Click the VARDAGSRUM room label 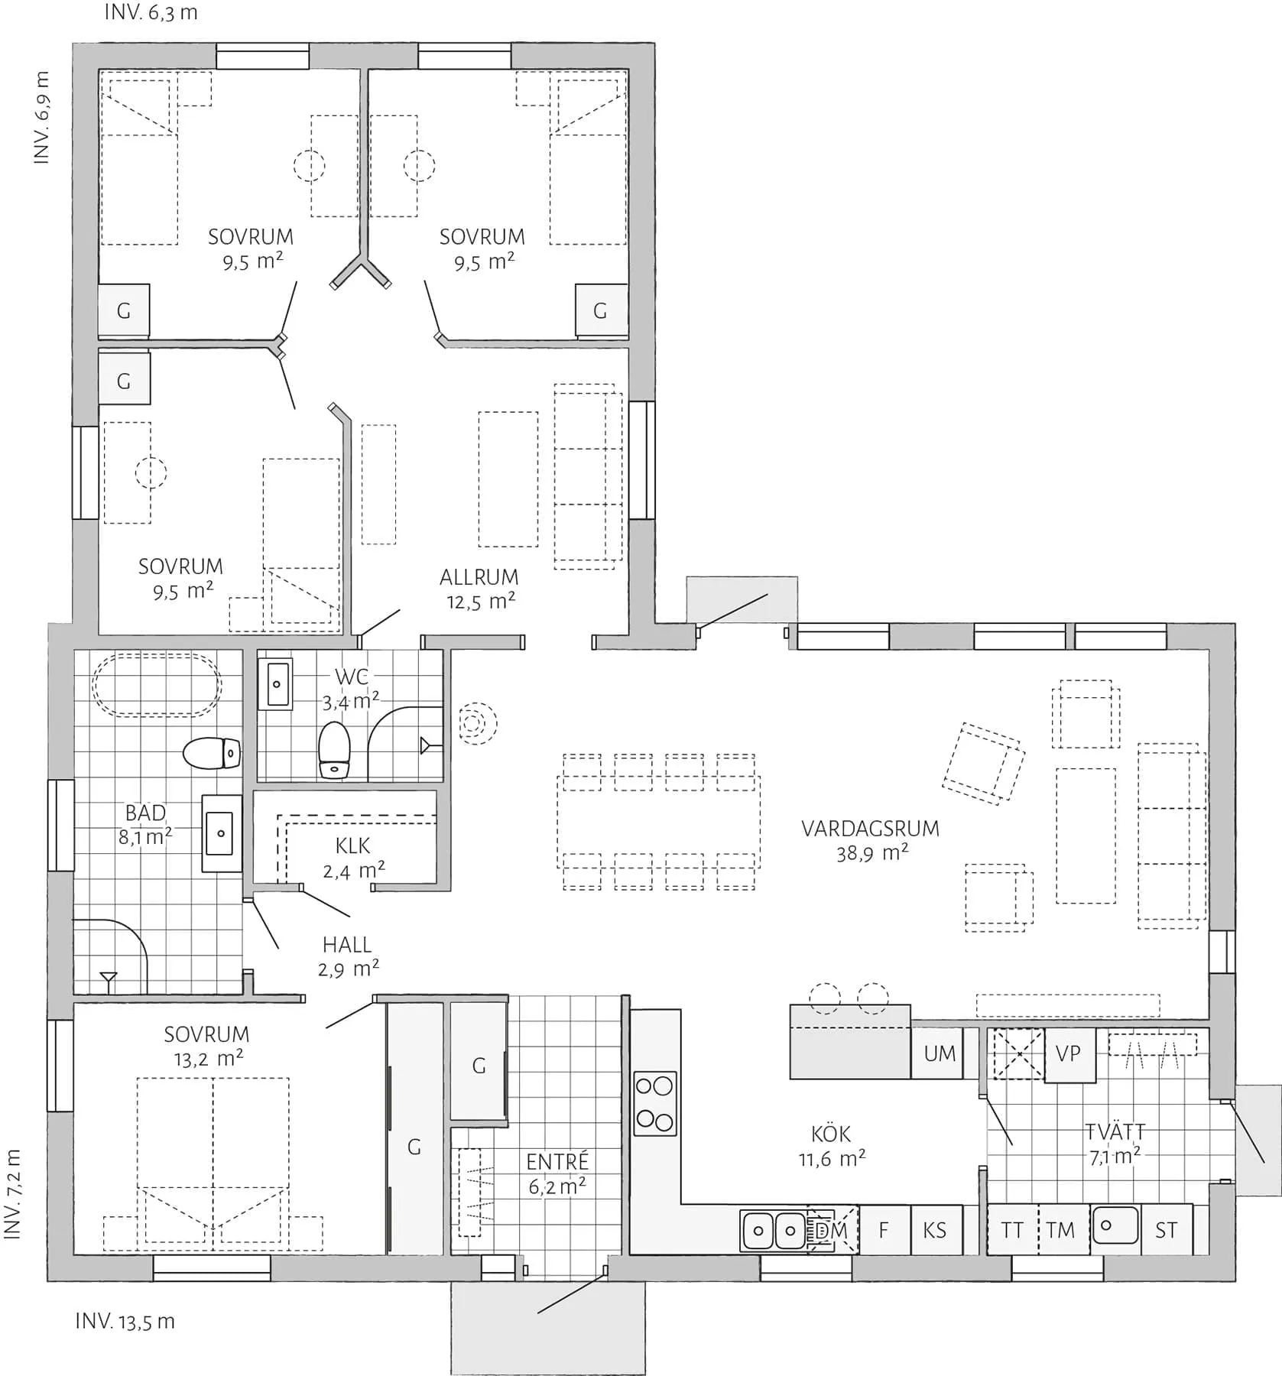pyautogui.click(x=870, y=839)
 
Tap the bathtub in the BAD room pyautogui.click(x=157, y=684)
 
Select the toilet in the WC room pyautogui.click(x=334, y=751)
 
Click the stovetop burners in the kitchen pyautogui.click(x=655, y=1103)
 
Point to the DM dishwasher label pyautogui.click(x=832, y=1231)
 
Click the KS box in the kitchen pyautogui.click(x=935, y=1231)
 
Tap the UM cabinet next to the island pyautogui.click(x=940, y=1053)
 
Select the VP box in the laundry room pyautogui.click(x=1068, y=1054)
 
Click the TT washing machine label pyautogui.click(x=1012, y=1231)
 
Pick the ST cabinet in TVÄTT pyautogui.click(x=1166, y=1231)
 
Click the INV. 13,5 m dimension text pyautogui.click(x=125, y=1321)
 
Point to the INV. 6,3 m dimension pyautogui.click(x=151, y=13)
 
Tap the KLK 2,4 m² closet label pyautogui.click(x=353, y=857)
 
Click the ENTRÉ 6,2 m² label pyautogui.click(x=557, y=1173)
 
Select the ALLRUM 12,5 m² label pyautogui.click(x=479, y=589)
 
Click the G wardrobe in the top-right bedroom pyautogui.click(x=600, y=310)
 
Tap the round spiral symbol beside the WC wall pyautogui.click(x=478, y=723)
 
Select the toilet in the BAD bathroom pyautogui.click(x=212, y=753)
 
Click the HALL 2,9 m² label pyautogui.click(x=348, y=956)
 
